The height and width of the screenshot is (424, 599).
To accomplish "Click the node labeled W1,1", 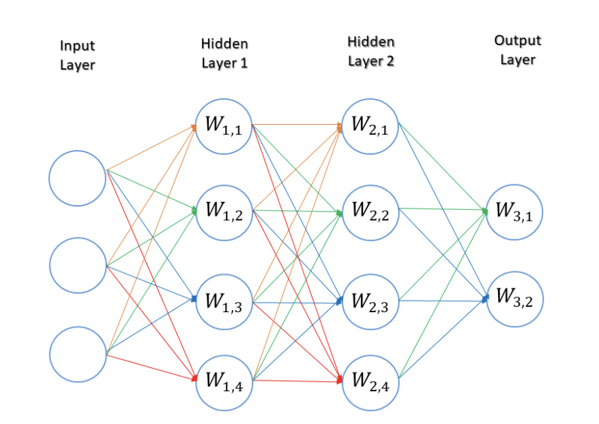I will [224, 126].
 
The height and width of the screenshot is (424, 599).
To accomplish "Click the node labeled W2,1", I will [370, 125].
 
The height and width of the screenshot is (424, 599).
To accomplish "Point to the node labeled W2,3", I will [370, 301].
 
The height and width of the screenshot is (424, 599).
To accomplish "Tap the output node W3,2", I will [514, 297].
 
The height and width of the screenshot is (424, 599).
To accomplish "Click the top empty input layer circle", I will [77, 177].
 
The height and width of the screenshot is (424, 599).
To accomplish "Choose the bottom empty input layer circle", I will [77, 354].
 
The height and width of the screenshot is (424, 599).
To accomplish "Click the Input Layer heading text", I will [77, 55].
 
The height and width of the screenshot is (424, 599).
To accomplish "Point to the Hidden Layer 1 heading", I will [224, 53].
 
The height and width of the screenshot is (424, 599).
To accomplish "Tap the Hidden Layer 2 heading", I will [370, 52].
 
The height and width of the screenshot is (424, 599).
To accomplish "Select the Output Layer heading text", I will [517, 50].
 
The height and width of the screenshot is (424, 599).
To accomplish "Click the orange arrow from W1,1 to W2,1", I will [297, 125].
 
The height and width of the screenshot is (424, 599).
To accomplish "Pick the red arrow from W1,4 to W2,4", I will [297, 380].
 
